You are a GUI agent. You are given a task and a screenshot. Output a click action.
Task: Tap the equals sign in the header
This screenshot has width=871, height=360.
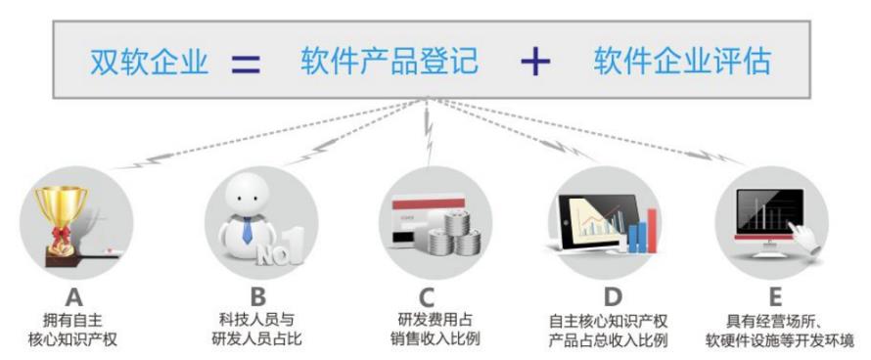click(246, 66)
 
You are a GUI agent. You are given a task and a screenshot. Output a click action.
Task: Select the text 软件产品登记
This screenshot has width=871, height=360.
click(390, 64)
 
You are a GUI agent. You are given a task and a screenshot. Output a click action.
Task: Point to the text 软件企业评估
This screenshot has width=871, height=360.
click(682, 64)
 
